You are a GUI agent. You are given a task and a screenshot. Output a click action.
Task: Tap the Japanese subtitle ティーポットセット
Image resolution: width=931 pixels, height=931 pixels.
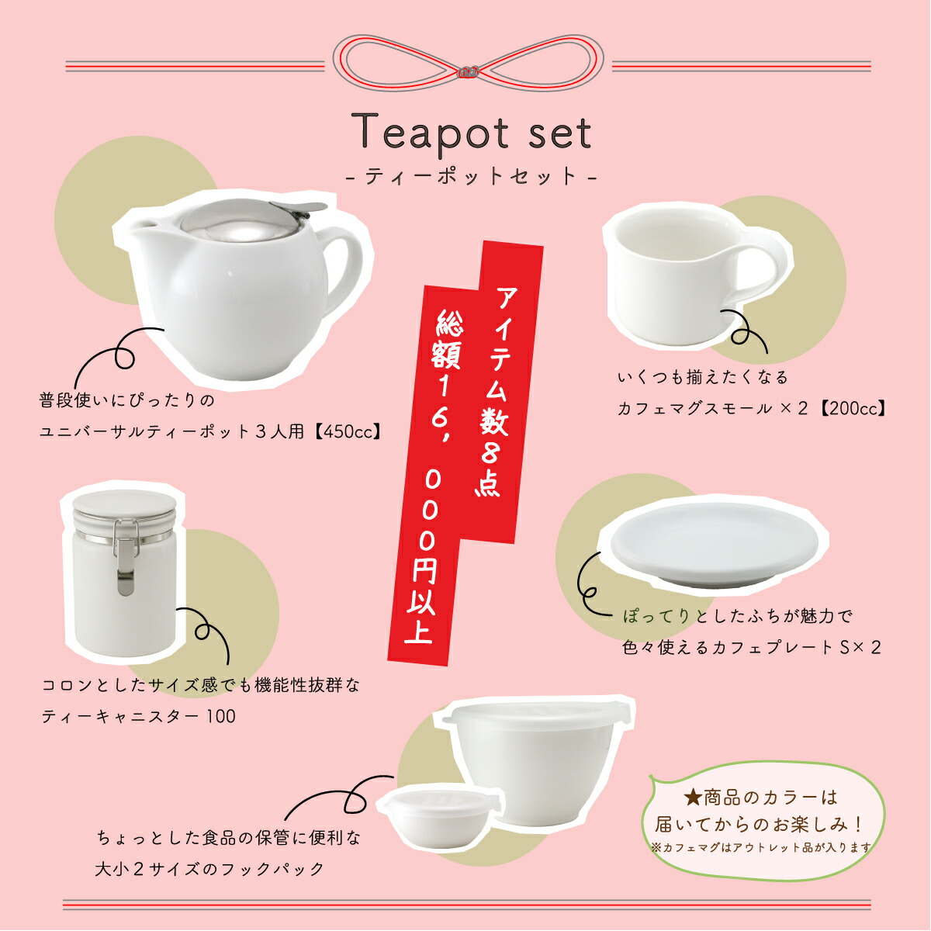pyautogui.click(x=472, y=176)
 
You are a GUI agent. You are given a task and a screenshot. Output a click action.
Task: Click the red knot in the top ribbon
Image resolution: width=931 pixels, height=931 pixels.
pyautogui.click(x=468, y=72)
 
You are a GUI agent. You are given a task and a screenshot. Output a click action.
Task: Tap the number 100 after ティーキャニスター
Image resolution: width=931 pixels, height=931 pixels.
pyautogui.click(x=221, y=716)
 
